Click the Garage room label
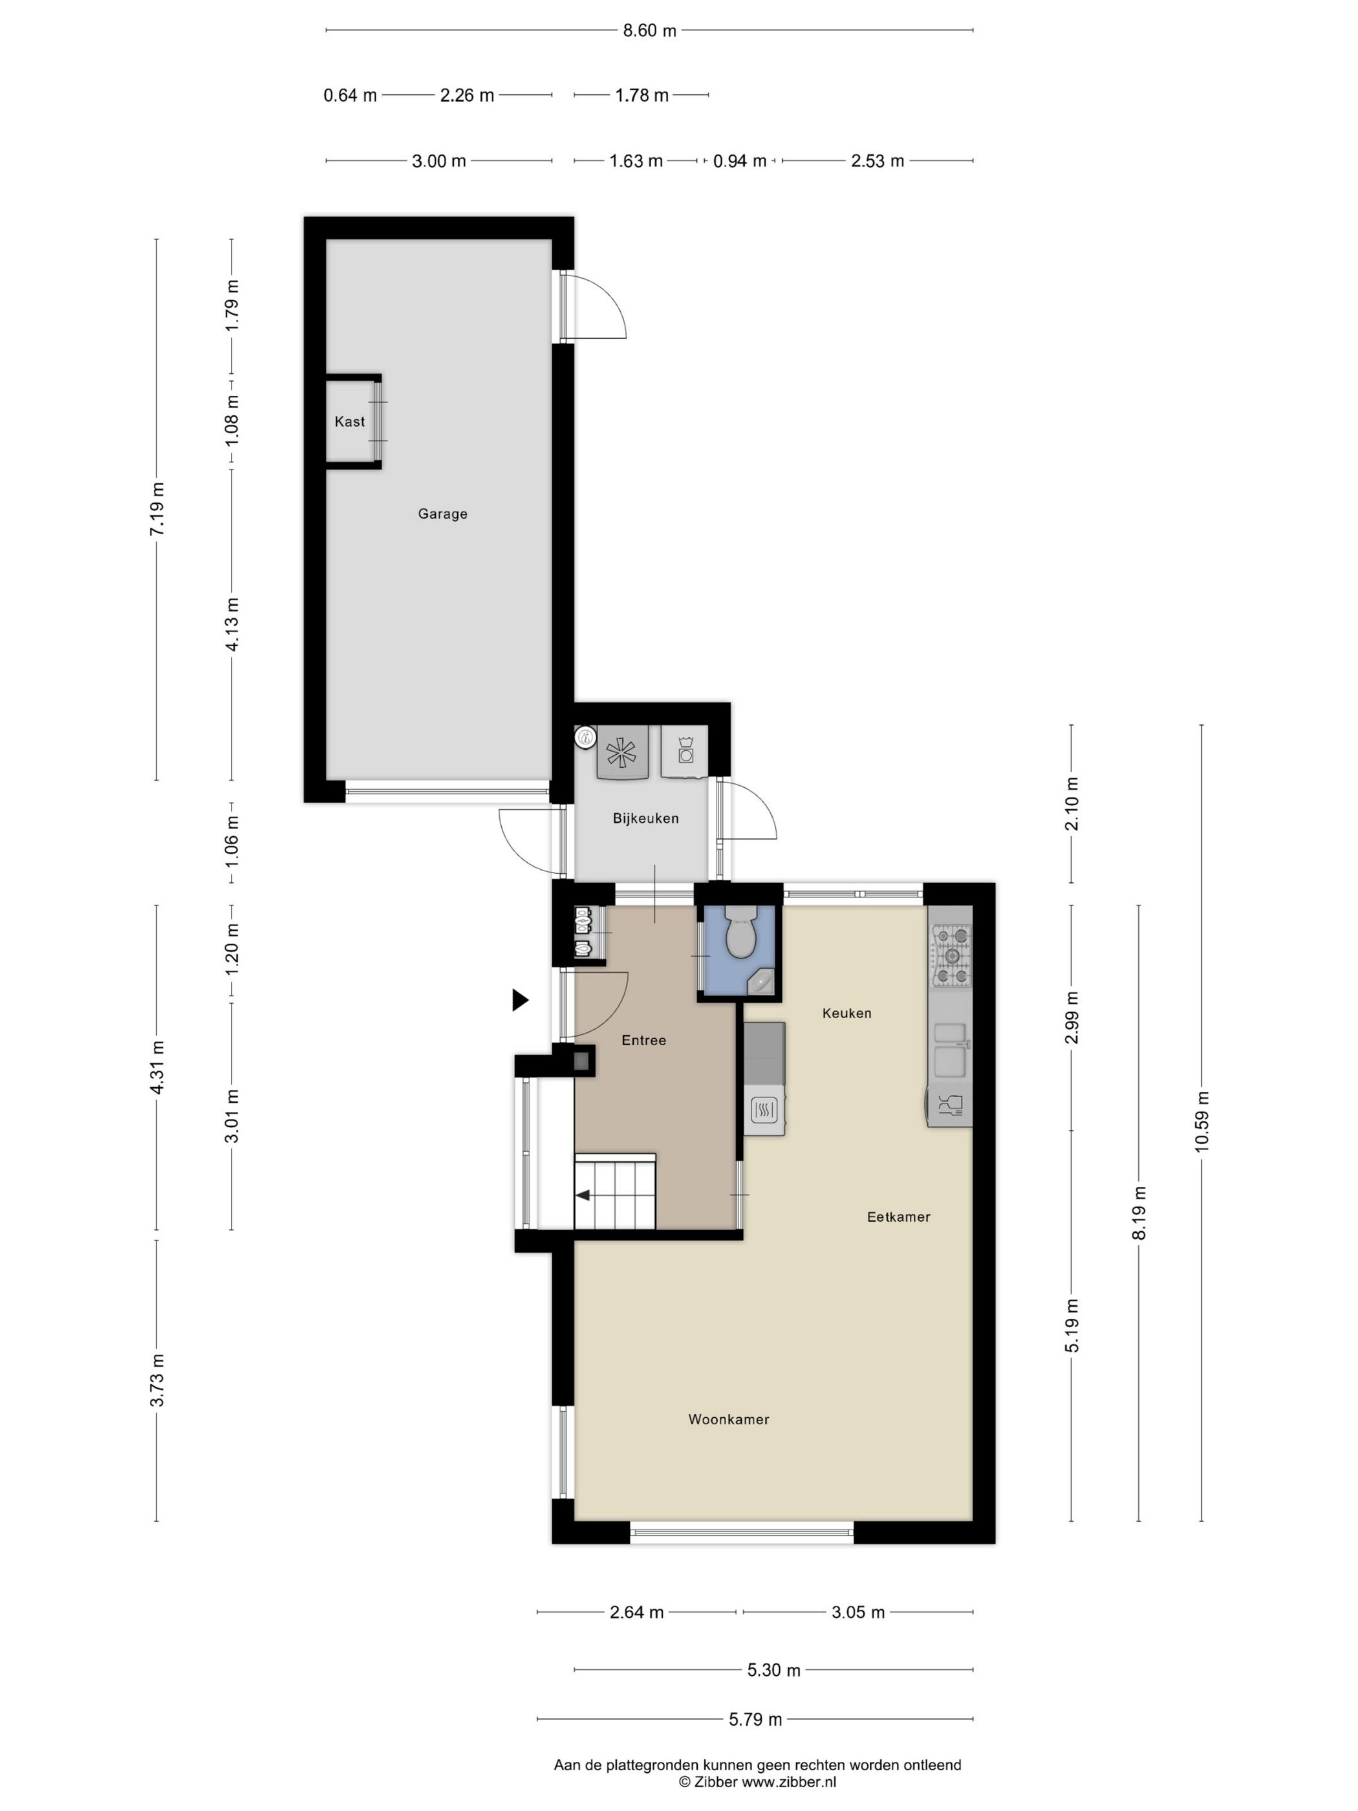(442, 514)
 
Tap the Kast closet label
(350, 422)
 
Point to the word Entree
(643, 1041)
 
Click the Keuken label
(846, 1014)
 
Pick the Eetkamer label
(898, 1217)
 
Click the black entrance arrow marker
(520, 1000)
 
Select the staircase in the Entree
(616, 1195)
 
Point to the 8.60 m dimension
(649, 31)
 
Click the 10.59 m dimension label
(1202, 1122)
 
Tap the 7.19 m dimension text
(157, 509)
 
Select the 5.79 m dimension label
(755, 1719)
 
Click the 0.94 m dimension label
(739, 161)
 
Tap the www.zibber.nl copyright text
(757, 1781)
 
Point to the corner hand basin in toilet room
(764, 982)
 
